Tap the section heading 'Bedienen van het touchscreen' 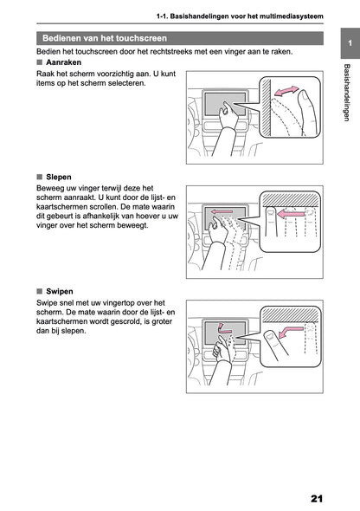click(x=117, y=38)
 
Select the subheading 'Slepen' click(x=59, y=176)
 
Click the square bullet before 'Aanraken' click(x=40, y=63)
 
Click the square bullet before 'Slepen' click(x=40, y=176)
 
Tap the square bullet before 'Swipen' click(x=40, y=291)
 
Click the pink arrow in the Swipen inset click(x=294, y=330)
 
